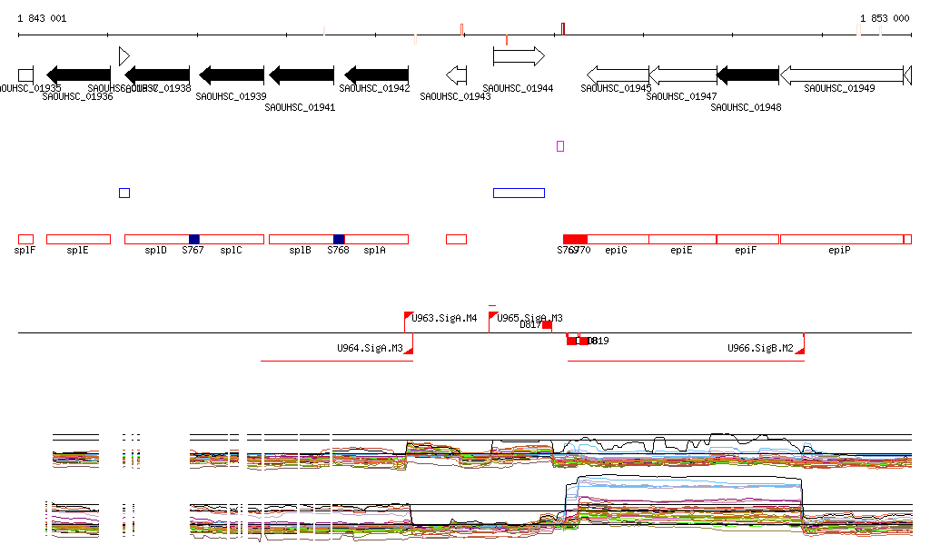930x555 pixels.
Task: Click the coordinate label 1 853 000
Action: coord(885,18)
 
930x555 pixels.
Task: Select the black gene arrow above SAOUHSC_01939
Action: coord(232,74)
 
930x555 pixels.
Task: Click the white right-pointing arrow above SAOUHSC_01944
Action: coord(519,56)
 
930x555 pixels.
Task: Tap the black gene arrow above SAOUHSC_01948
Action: coord(747,74)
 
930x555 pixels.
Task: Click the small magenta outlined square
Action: coord(560,146)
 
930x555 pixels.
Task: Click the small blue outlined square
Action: coord(124,193)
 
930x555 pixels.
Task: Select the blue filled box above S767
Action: coord(193,239)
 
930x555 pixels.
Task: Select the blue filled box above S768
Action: coord(339,239)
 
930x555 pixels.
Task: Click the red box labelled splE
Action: coord(78,239)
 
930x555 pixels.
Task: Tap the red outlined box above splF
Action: coord(25,239)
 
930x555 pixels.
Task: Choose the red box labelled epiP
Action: coord(842,239)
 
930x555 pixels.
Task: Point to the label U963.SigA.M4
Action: coord(445,318)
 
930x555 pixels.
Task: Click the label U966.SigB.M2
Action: coord(761,348)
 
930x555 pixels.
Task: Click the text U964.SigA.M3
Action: coord(370,348)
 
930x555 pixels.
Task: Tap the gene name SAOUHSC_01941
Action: coord(300,107)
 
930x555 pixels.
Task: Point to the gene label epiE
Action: coord(681,250)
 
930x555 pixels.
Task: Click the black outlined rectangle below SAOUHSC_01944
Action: coord(519,193)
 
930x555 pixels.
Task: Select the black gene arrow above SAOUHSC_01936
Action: coord(79,74)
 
